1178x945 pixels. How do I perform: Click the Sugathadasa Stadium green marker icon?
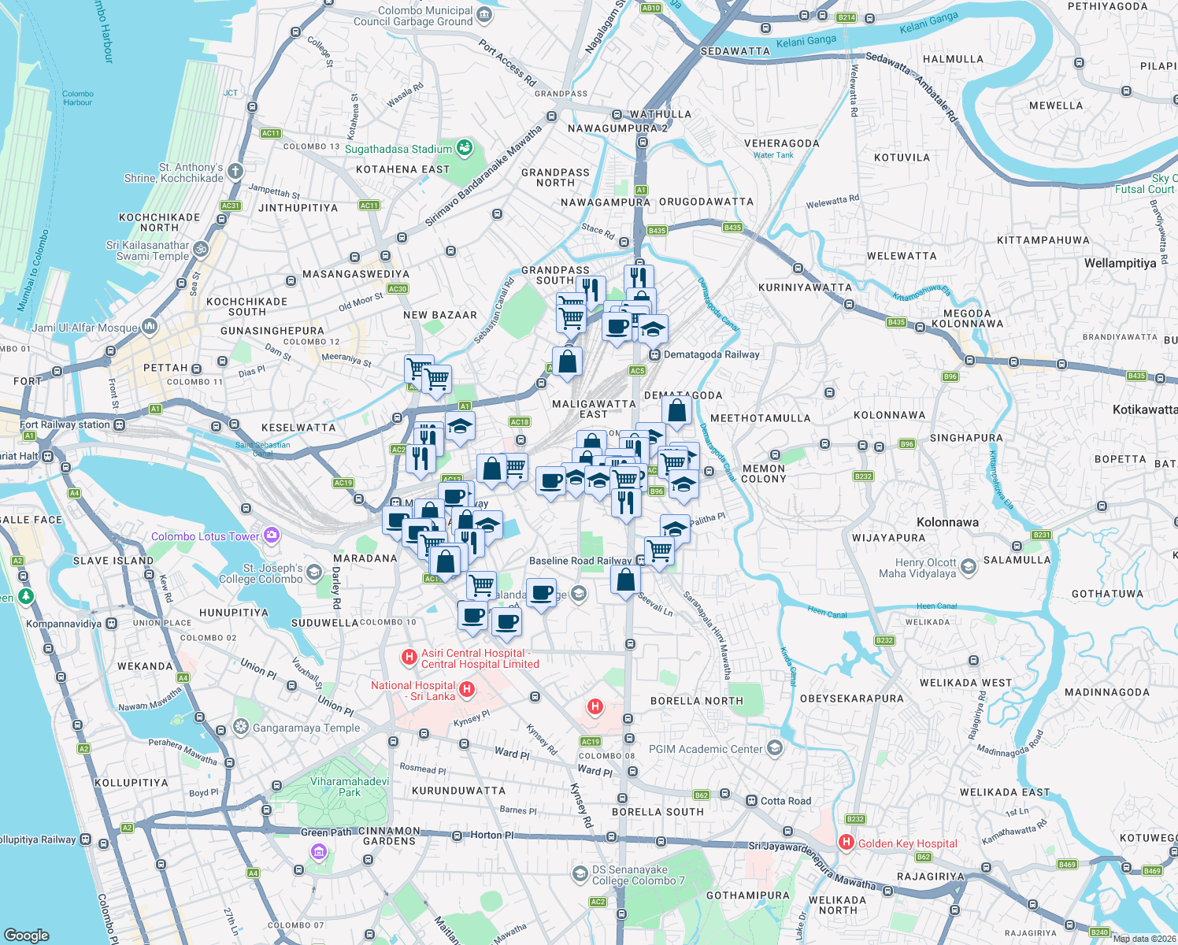point(465,148)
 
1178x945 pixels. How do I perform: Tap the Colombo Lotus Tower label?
point(205,536)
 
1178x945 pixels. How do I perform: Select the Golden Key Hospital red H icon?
point(846,843)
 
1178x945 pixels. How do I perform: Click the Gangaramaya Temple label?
point(306,728)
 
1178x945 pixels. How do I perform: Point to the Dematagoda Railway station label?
point(711,354)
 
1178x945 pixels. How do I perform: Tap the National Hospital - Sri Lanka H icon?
point(467,690)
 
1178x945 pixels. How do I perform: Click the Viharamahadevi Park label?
point(350,787)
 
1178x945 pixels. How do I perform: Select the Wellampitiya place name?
point(1120,263)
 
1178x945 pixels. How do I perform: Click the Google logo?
point(27,935)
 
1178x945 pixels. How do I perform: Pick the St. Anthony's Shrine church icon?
point(235,171)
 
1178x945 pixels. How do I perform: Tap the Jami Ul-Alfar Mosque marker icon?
point(150,327)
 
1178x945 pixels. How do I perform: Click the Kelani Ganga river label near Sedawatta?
point(806,41)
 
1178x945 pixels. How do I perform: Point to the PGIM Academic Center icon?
point(775,747)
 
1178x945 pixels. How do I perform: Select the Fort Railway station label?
point(65,424)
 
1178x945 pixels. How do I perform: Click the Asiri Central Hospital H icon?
point(409,656)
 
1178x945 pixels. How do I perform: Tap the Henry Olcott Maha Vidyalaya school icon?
point(969,566)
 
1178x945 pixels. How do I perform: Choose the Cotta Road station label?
point(785,801)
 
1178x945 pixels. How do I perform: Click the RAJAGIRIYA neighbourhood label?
point(931,876)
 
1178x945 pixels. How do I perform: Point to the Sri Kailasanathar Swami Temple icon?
point(202,249)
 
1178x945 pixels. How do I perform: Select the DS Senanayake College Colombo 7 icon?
point(580,873)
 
